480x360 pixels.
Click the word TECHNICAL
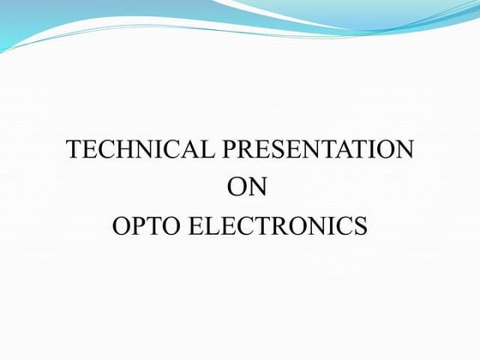click(141, 150)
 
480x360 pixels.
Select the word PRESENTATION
click(318, 150)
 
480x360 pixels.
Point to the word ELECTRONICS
click(277, 226)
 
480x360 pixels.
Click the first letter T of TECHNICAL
click(75, 150)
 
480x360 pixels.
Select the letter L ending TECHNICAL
click(208, 150)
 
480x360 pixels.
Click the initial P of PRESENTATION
click(229, 150)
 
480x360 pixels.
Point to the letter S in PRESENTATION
click(276, 150)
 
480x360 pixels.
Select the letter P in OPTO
click(137, 226)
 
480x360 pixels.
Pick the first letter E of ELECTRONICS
click(194, 226)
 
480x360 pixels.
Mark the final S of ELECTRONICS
click(360, 226)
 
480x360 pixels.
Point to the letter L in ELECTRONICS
click(210, 226)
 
